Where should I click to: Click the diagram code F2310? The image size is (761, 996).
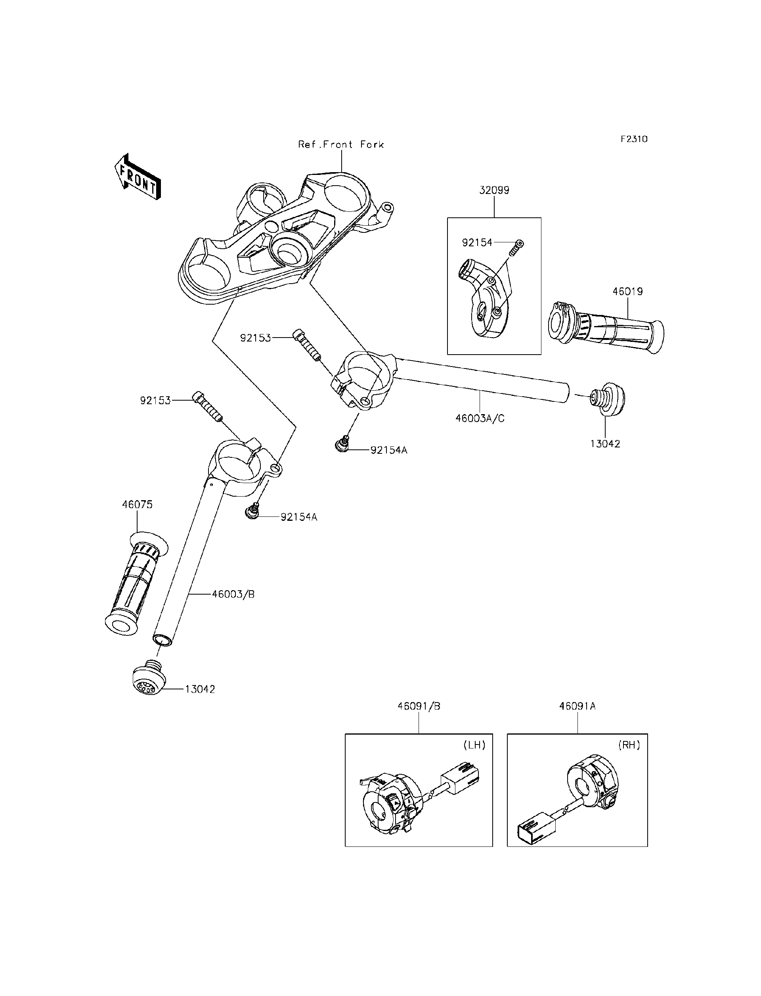634,139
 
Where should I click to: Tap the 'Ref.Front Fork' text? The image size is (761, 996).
340,145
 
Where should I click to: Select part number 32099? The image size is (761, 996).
494,190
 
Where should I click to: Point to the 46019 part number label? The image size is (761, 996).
628,292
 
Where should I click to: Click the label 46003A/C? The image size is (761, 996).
480,418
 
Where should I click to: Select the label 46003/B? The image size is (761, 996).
233,594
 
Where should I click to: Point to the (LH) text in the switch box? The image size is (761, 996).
474,745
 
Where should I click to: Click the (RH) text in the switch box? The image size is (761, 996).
629,745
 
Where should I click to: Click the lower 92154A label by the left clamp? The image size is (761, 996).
298,517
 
